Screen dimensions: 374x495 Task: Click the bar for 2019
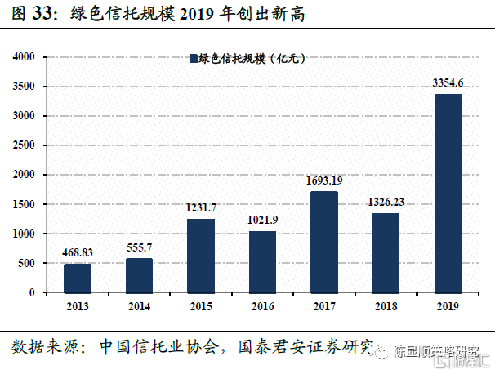(x=448, y=193)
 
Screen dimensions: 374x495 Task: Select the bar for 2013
(x=78, y=278)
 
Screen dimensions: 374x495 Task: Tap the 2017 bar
(x=324, y=242)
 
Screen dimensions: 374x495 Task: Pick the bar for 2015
(x=201, y=255)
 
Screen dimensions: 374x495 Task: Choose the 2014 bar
(x=139, y=275)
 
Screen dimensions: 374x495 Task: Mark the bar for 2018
(x=386, y=252)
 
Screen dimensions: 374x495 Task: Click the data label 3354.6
(x=448, y=82)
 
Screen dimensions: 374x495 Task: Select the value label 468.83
(x=78, y=253)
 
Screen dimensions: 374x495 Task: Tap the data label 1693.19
(x=324, y=180)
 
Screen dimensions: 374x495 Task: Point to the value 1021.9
(x=262, y=220)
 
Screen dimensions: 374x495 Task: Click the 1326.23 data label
(x=386, y=202)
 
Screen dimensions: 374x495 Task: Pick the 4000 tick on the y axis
(x=23, y=57)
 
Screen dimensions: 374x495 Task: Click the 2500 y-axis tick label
(x=23, y=145)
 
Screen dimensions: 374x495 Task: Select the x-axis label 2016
(x=262, y=305)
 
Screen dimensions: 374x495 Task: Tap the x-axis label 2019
(x=448, y=305)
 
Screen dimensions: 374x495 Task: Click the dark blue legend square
(x=193, y=58)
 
